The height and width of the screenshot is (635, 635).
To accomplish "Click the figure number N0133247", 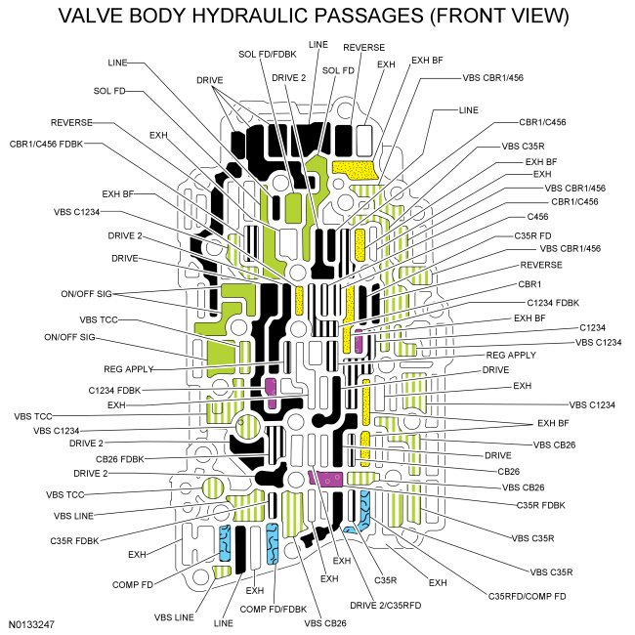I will click(x=35, y=621).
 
